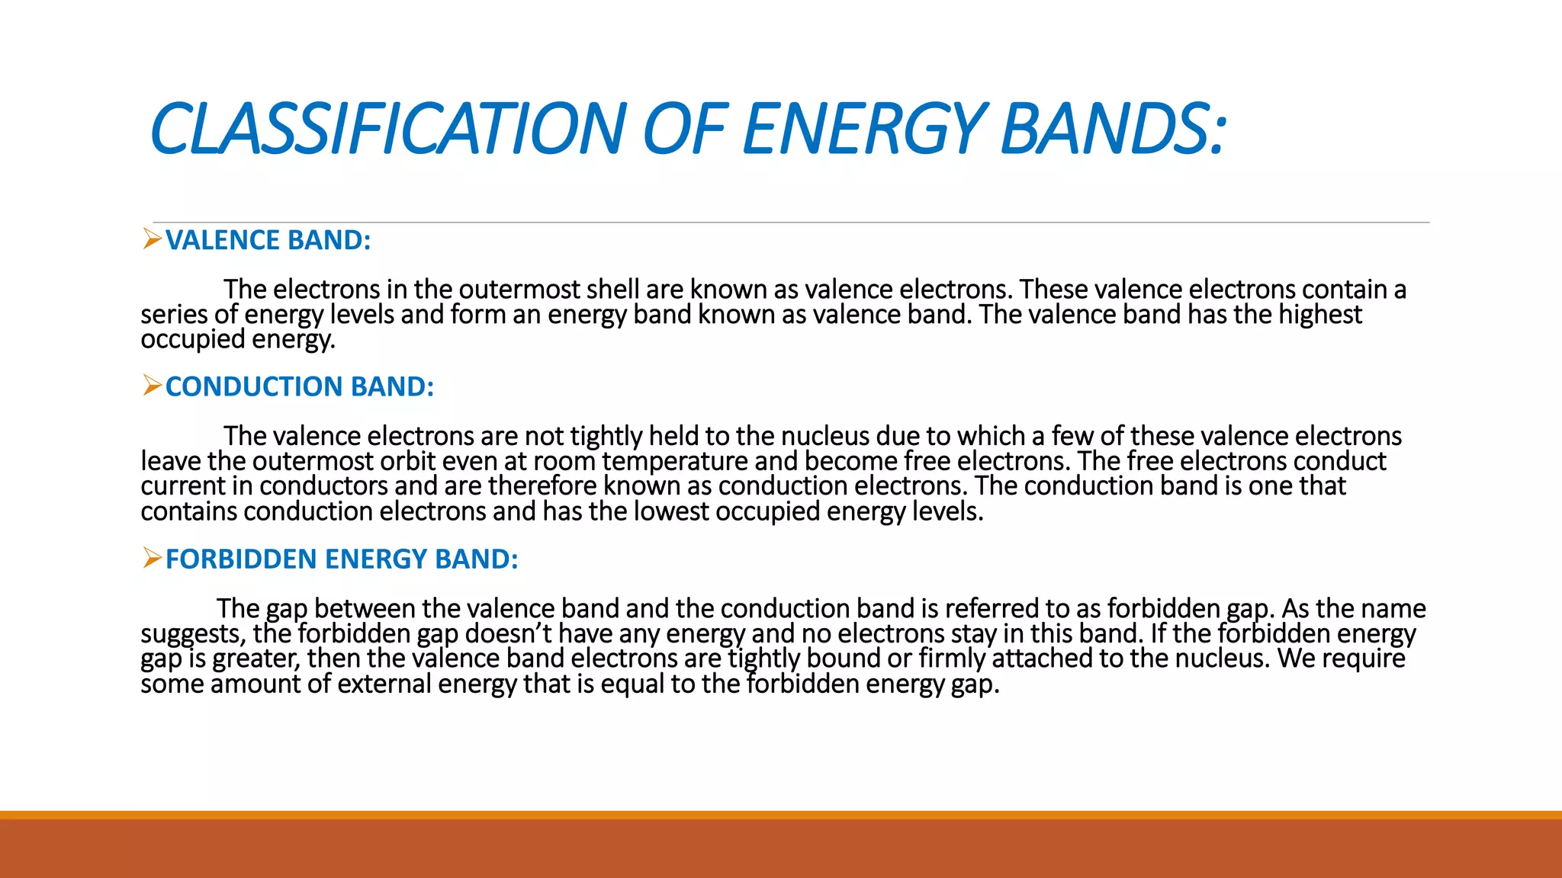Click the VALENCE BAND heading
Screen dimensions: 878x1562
(268, 240)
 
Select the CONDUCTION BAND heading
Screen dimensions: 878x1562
(299, 386)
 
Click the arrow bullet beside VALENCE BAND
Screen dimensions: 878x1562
(152, 239)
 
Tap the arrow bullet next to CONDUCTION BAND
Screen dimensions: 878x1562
(152, 386)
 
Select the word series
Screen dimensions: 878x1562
(173, 314)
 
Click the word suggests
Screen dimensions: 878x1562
(192, 633)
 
